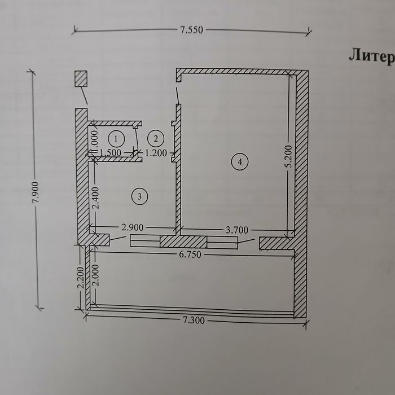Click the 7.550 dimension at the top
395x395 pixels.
pyautogui.click(x=191, y=30)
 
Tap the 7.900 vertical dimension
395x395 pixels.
pyautogui.click(x=36, y=192)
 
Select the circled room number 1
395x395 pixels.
pyautogui.click(x=116, y=139)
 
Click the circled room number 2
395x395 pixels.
pyautogui.click(x=156, y=139)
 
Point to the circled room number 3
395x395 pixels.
pyautogui.click(x=140, y=196)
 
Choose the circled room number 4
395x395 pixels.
pyautogui.click(x=240, y=162)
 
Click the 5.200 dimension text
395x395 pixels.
pyautogui.click(x=289, y=156)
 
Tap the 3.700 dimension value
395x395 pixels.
pyautogui.click(x=237, y=230)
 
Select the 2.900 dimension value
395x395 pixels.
pyautogui.click(x=133, y=227)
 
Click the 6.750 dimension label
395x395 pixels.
pyautogui.click(x=190, y=254)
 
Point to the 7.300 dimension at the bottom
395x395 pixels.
pyautogui.click(x=193, y=321)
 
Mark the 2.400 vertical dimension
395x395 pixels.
pyautogui.click(x=96, y=197)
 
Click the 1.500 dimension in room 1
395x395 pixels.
pyautogui.click(x=111, y=153)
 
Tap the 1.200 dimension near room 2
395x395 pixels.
pyautogui.click(x=156, y=153)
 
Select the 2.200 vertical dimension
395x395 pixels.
pyautogui.click(x=80, y=278)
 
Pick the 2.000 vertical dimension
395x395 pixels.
pyautogui.click(x=96, y=275)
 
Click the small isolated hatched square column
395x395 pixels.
pyautogui.click(x=81, y=78)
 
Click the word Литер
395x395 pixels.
pyautogui.click(x=372, y=56)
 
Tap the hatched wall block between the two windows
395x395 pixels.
pyautogui.click(x=183, y=242)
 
